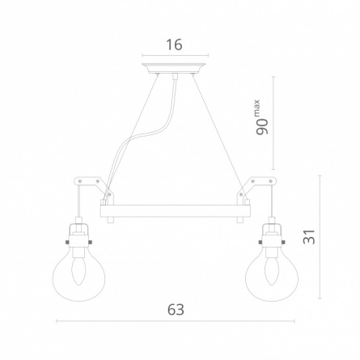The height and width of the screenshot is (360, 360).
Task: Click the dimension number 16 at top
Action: (x=175, y=44)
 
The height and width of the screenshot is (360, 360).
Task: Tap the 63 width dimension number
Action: (x=176, y=310)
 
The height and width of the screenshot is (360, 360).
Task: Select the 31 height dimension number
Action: (x=309, y=237)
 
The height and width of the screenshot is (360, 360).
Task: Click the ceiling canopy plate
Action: (x=173, y=68)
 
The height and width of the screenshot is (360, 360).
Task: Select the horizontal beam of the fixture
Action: (x=176, y=211)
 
